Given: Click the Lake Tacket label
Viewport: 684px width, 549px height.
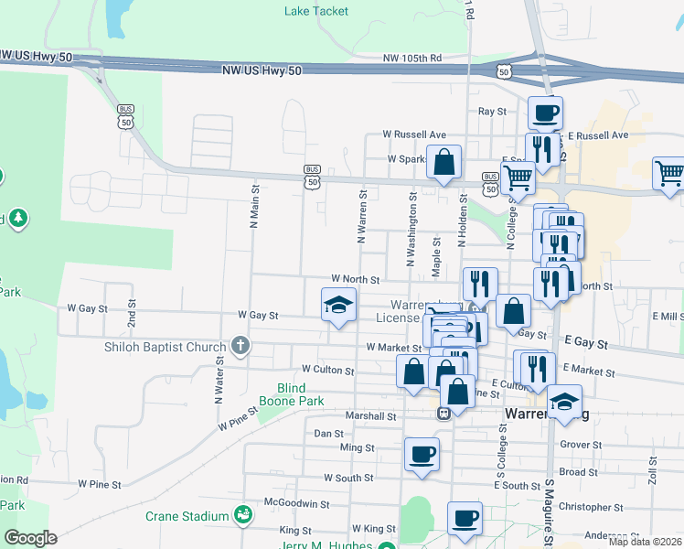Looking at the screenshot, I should (x=316, y=11).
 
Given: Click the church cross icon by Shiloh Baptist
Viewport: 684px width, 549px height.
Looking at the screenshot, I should (x=240, y=346).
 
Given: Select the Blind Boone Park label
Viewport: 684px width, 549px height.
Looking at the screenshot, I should (x=301, y=394).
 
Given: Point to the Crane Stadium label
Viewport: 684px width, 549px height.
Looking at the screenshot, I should (x=187, y=516).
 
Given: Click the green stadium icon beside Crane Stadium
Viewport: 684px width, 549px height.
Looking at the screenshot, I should (x=242, y=516).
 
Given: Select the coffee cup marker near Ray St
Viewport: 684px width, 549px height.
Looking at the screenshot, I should (x=546, y=113).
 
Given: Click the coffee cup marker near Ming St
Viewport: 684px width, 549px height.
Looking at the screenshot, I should (x=422, y=454).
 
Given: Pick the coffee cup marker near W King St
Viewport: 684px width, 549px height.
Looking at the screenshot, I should (x=465, y=518).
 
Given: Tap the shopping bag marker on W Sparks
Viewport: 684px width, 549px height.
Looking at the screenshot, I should (x=444, y=163).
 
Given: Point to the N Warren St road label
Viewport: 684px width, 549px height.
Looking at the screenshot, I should (x=363, y=216).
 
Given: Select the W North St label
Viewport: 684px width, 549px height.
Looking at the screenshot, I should (x=355, y=278).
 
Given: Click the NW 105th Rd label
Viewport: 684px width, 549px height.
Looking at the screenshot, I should (x=411, y=58).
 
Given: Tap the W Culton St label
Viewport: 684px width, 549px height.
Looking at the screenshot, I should (x=324, y=371).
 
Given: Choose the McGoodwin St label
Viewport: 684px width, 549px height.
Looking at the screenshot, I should (x=296, y=503).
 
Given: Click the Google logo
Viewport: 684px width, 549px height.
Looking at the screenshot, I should (x=30, y=538).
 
